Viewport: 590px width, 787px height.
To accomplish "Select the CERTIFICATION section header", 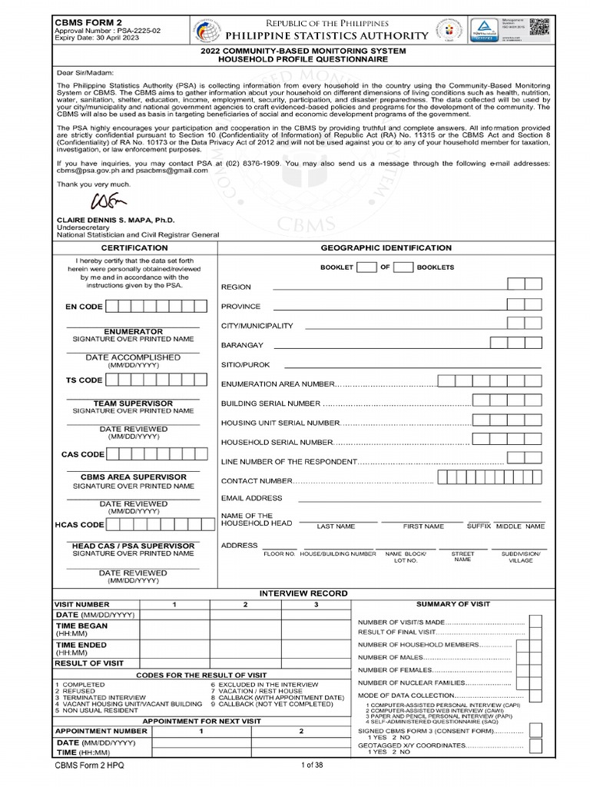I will (134, 248).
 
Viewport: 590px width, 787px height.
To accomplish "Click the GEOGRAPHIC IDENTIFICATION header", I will (386, 248).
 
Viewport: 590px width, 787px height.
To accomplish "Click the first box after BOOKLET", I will (367, 267).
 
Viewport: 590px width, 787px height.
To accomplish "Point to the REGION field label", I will (236, 287).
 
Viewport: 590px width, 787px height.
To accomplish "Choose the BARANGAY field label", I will (242, 345).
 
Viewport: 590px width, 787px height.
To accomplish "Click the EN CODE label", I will (84, 307).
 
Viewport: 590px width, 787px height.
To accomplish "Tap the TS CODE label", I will (84, 380).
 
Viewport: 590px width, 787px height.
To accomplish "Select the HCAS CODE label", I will (79, 525).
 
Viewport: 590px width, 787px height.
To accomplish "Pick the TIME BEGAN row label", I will (81, 626).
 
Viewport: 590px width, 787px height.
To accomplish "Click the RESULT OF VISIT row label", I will (88, 662).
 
